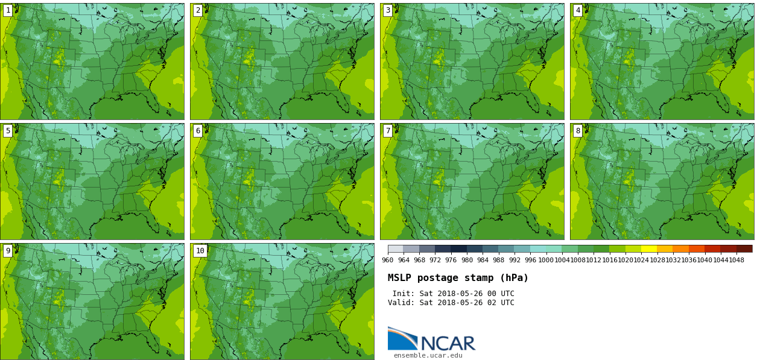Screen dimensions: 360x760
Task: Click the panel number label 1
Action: pyautogui.click(x=8, y=10)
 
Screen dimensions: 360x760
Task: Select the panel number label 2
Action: pyautogui.click(x=198, y=10)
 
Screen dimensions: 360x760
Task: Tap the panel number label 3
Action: pyautogui.click(x=388, y=10)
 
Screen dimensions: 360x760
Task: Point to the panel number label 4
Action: pyautogui.click(x=578, y=10)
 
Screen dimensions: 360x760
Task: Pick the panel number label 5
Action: pyautogui.click(x=8, y=131)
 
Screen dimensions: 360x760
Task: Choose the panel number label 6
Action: pyautogui.click(x=198, y=131)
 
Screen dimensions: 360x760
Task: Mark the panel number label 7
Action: pyautogui.click(x=388, y=131)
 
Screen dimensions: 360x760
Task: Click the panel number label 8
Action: pyautogui.click(x=578, y=131)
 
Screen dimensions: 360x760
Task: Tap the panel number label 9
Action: pyautogui.click(x=8, y=251)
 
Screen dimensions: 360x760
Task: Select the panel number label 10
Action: pyautogui.click(x=200, y=251)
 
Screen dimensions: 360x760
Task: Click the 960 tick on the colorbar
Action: pyautogui.click(x=388, y=261)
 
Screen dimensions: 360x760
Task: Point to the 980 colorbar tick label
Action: pyautogui.click(x=467, y=261)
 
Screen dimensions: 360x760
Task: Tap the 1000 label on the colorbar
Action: pyautogui.click(x=546, y=261)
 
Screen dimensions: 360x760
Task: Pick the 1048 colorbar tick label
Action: pyautogui.click(x=736, y=261)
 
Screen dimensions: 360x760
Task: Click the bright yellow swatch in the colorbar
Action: pyautogui.click(x=649, y=248)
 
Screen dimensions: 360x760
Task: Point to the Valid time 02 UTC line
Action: pyautogui.click(x=451, y=303)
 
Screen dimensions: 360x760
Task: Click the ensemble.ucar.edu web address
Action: pyautogui.click(x=428, y=356)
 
